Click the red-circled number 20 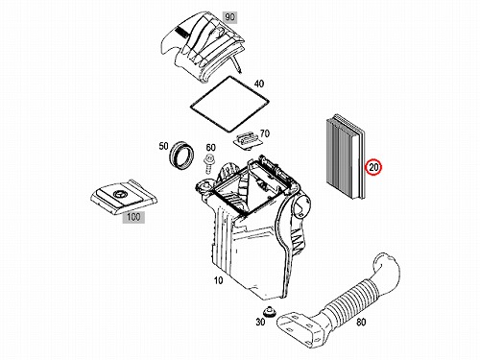(373, 167)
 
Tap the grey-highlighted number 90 (229, 16)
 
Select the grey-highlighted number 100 (133, 217)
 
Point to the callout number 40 (259, 84)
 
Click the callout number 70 (265, 133)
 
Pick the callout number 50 (163, 146)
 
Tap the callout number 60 (210, 148)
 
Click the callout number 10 (218, 280)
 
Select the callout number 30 (260, 322)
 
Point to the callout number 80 (361, 322)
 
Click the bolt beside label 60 (209, 163)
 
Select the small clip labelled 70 (247, 140)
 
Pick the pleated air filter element (345, 156)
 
